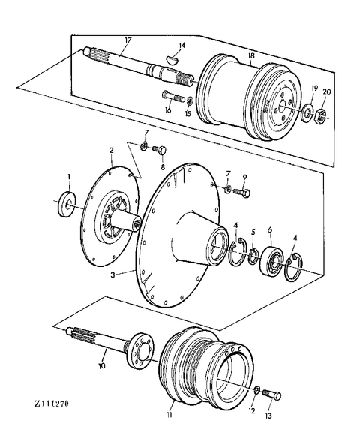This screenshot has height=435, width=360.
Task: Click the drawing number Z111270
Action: point(52,403)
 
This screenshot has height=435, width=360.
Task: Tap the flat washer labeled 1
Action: point(67,204)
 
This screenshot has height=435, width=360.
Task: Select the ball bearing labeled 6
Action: point(271,260)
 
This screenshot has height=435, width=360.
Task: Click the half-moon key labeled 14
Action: point(172,60)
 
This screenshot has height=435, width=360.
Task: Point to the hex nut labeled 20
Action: point(320,115)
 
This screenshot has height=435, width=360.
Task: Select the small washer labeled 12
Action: point(257,390)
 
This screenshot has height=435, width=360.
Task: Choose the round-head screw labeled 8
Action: point(159,150)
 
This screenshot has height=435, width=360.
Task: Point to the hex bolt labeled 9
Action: point(241,192)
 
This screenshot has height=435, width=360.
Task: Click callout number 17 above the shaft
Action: point(127,40)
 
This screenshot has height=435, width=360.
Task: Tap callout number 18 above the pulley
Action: point(251,56)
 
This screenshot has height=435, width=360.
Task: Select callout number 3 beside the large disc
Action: point(112,274)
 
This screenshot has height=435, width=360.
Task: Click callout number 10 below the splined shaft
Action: point(101,366)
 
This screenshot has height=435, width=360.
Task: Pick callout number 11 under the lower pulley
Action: point(169,415)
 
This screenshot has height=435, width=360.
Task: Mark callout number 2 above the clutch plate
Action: point(111,151)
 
